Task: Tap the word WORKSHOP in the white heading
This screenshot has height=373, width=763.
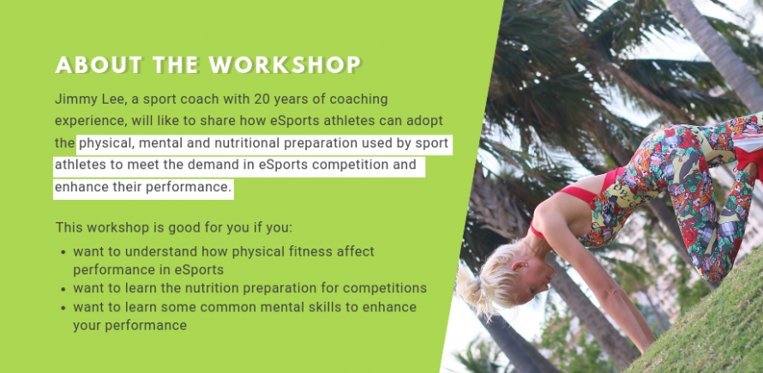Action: tap(285, 65)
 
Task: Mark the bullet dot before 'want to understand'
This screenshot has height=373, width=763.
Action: tap(63, 253)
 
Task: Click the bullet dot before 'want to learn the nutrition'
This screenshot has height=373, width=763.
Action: tap(63, 289)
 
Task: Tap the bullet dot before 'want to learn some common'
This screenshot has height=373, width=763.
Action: tap(63, 308)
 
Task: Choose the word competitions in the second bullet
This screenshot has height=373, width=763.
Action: tap(385, 288)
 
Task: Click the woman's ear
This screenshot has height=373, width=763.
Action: tap(520, 265)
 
